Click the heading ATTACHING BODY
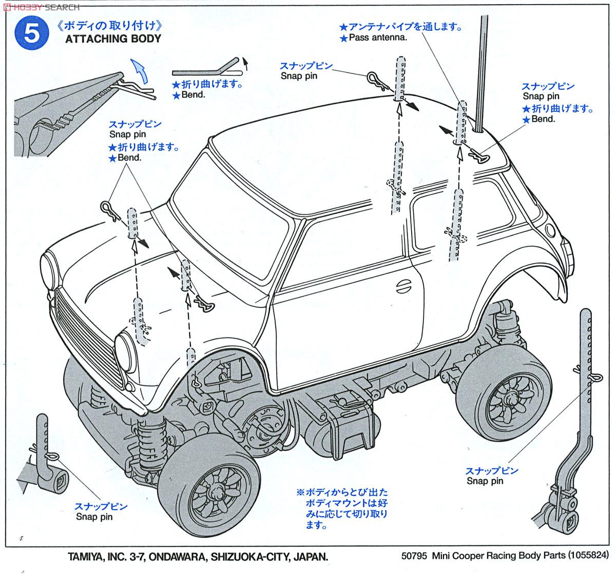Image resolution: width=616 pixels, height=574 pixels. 113,38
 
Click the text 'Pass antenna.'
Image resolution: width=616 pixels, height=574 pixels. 377,38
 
